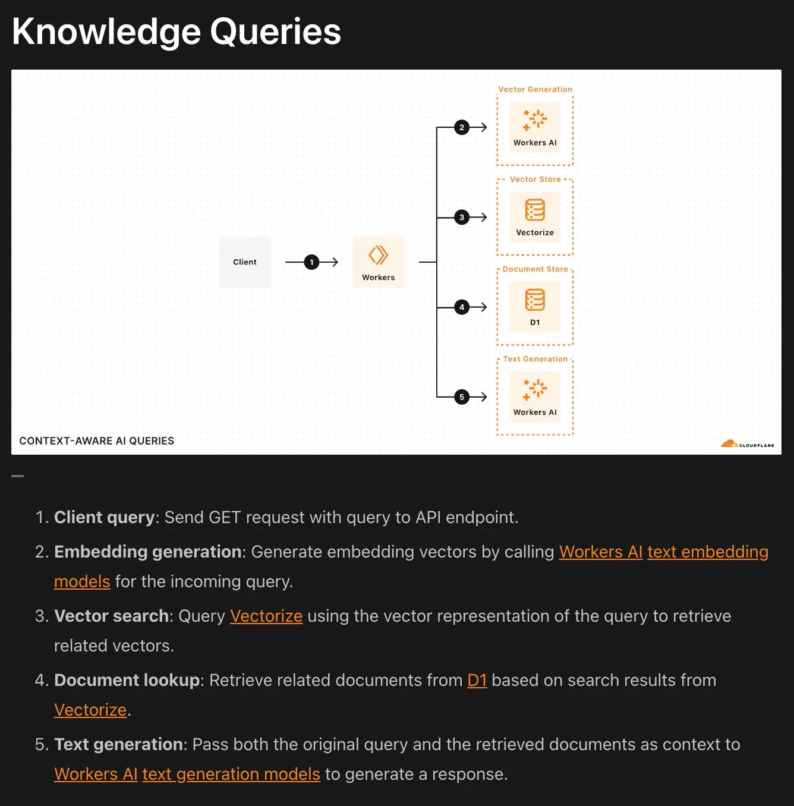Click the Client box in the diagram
[245, 262]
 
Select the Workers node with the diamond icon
[378, 262]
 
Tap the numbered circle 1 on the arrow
[311, 262]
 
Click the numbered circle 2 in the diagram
[462, 127]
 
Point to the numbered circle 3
[462, 218]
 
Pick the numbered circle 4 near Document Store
[462, 307]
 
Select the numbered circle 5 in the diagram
[462, 397]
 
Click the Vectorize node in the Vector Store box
[535, 217]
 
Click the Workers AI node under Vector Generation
[535, 127]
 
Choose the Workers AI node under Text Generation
[535, 396]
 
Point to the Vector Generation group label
[535, 90]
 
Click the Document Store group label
[535, 269]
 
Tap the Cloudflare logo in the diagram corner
[747, 444]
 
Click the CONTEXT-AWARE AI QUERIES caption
[96, 441]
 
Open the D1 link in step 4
[477, 680]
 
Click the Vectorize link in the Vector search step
[266, 616]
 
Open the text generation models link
[231, 774]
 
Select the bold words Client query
[105, 517]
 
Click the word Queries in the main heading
[275, 32]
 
